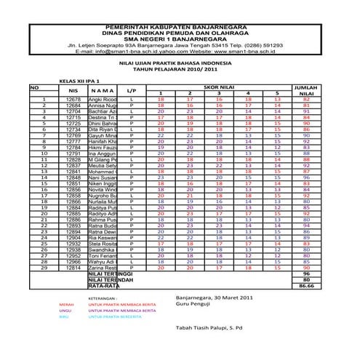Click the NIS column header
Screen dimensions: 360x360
(x=73, y=90)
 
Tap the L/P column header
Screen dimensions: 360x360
(x=132, y=90)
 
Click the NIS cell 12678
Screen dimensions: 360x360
(x=73, y=99)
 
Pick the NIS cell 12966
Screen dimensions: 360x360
(x=73, y=262)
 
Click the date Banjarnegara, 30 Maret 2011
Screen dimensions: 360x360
(x=215, y=298)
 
